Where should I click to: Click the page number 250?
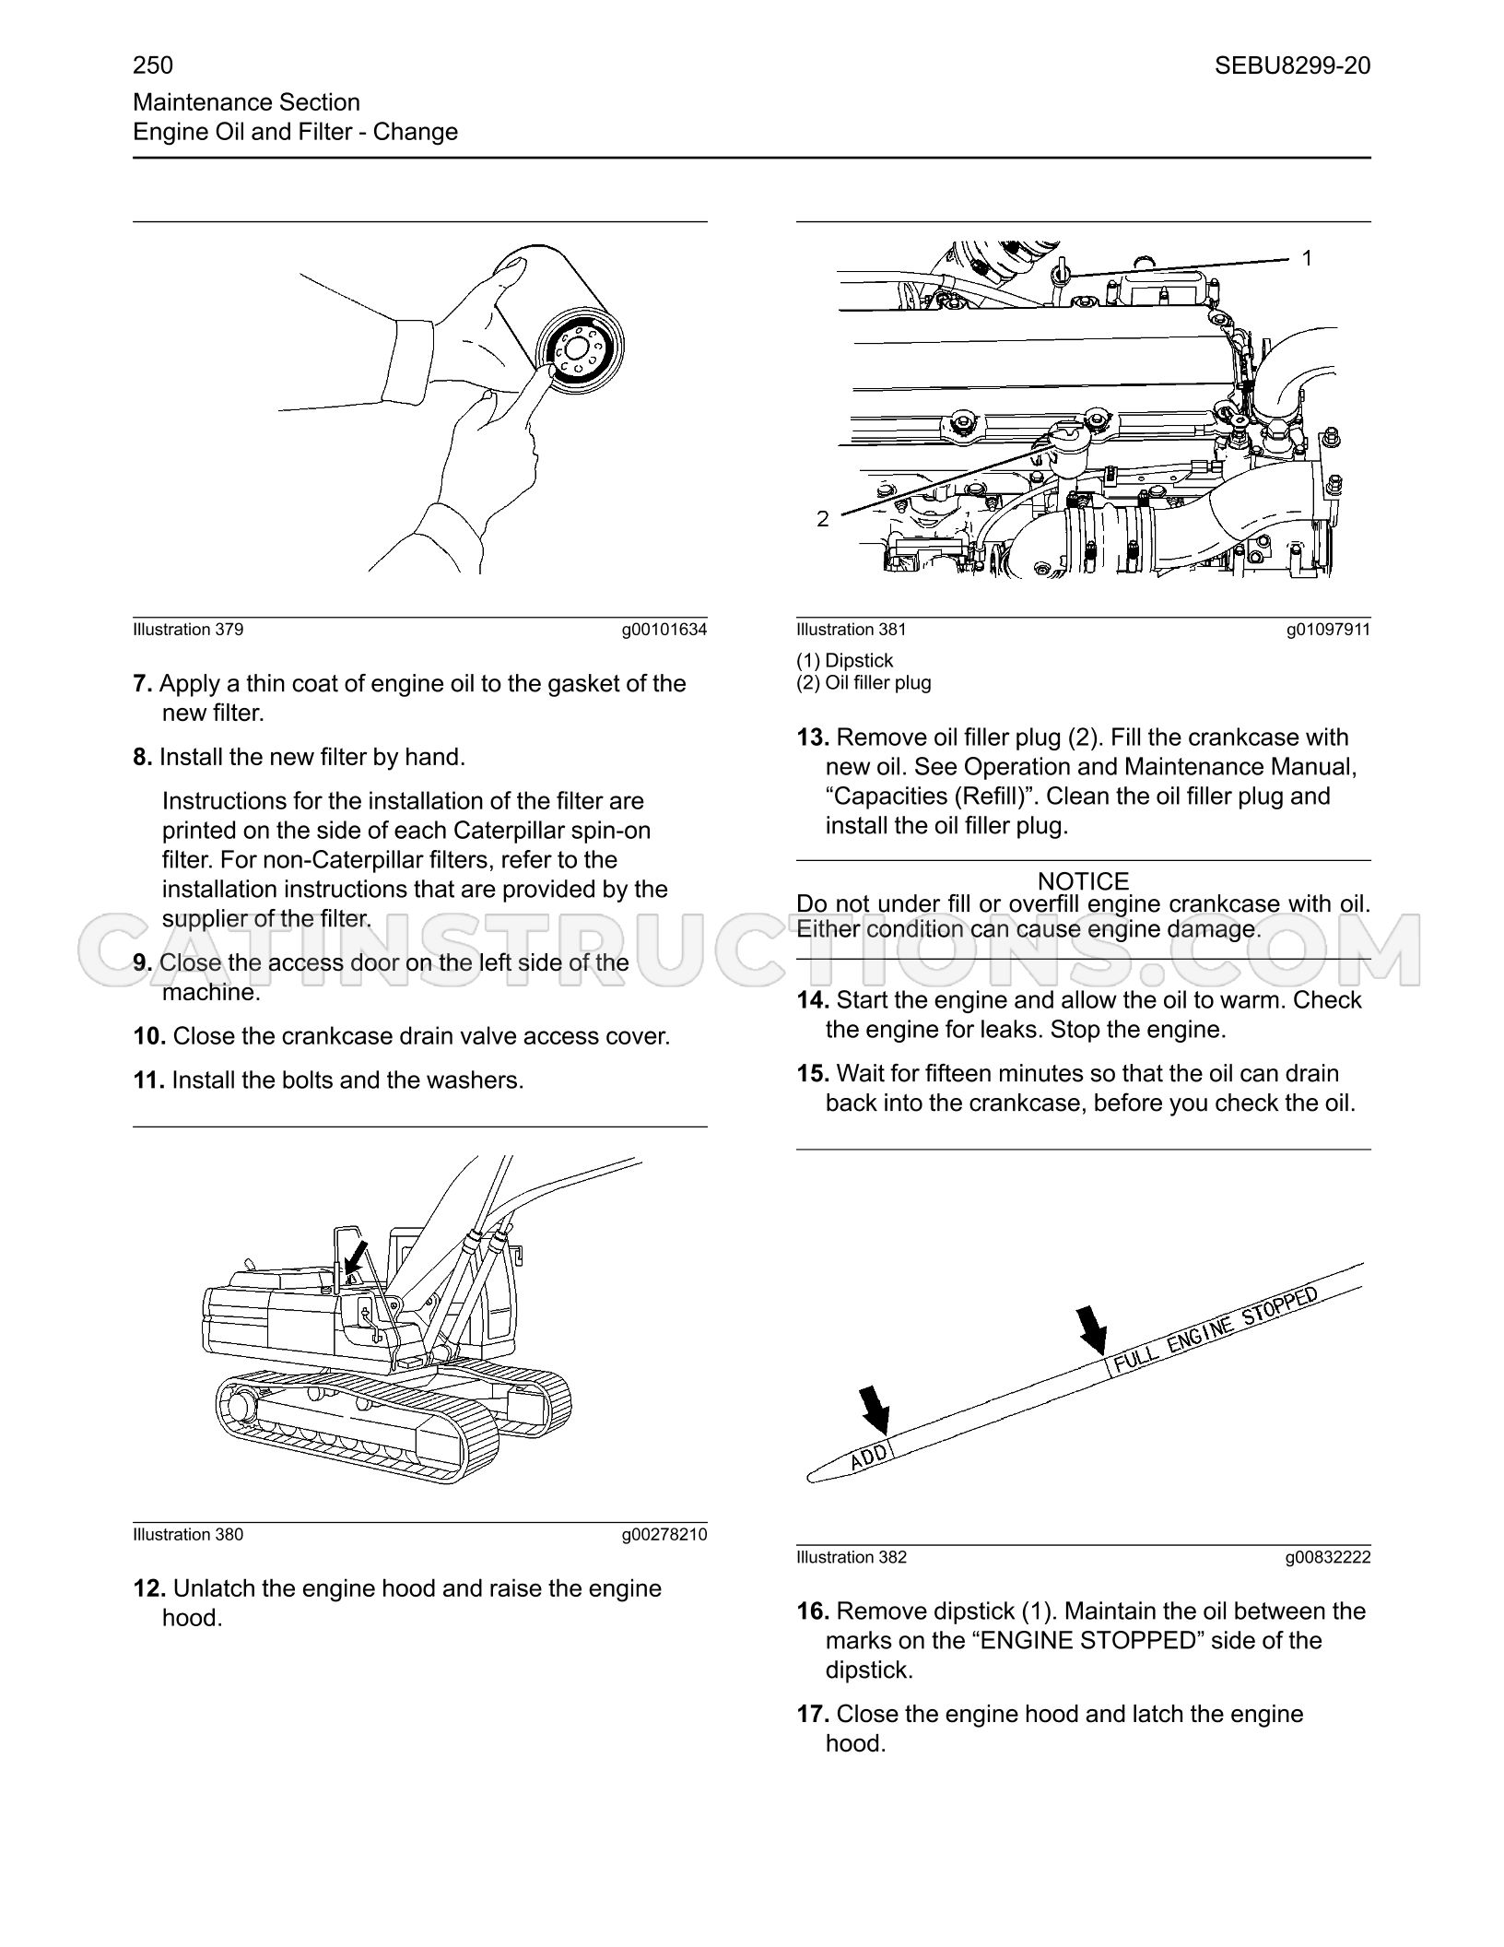153,65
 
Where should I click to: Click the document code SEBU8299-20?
1292,65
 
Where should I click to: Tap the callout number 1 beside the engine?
1306,259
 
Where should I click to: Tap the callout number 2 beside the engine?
823,519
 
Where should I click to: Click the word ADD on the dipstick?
868,1456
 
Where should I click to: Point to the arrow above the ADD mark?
875,1410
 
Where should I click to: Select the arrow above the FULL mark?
1093,1330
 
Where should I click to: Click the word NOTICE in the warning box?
1083,881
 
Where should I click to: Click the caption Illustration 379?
188,630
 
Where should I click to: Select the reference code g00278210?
664,1535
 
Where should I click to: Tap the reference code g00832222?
1328,1557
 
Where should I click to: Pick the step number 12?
150,1588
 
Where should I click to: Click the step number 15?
814,1073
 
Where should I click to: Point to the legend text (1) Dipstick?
845,661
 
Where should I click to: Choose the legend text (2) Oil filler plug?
864,683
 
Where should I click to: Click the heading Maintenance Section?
247,102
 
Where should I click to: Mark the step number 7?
142,684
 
